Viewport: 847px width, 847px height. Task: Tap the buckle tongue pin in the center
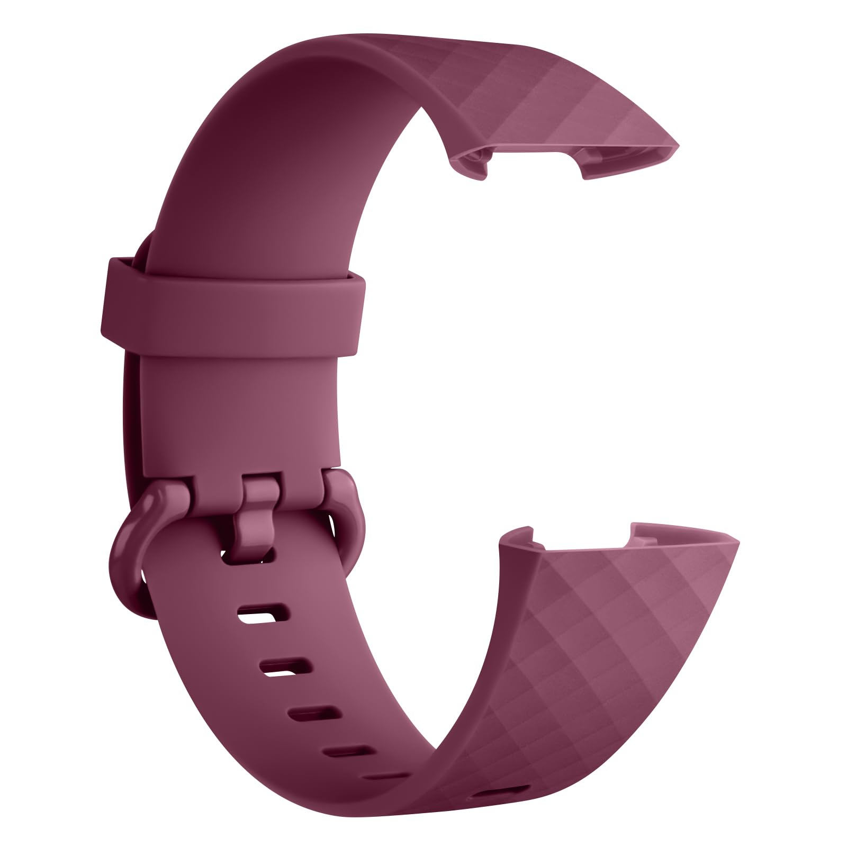pyautogui.click(x=259, y=508)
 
